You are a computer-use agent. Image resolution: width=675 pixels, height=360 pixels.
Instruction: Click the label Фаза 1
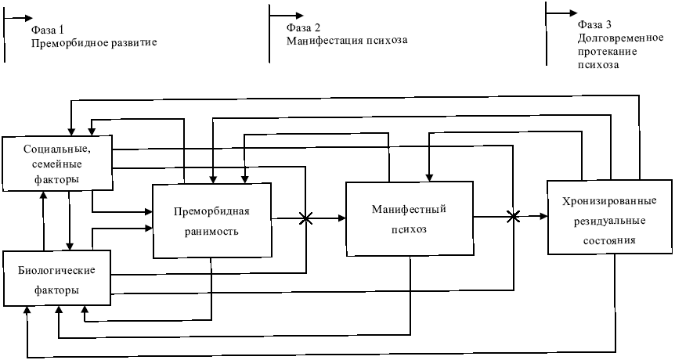pos(49,28)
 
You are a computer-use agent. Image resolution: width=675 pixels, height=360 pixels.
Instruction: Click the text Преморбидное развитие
pos(94,42)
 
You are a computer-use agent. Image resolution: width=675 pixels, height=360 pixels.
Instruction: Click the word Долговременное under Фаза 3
pos(608,38)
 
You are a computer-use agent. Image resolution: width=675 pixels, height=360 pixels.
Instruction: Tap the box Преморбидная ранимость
pos(211,220)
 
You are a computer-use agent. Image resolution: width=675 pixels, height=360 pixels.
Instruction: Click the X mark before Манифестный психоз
pos(305,220)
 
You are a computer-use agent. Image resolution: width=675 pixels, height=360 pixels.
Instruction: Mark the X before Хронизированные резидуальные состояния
pos(514,217)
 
